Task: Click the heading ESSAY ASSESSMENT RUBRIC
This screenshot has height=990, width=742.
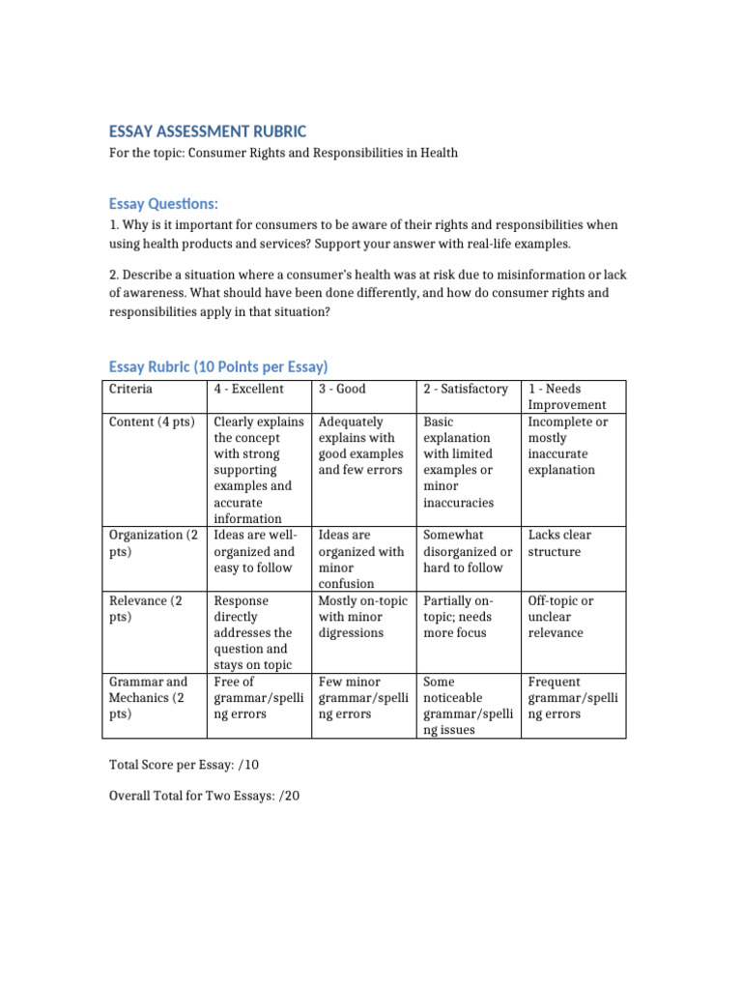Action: [207, 131]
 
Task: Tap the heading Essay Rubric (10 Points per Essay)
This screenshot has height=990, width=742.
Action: [218, 366]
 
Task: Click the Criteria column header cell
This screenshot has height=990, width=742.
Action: [130, 389]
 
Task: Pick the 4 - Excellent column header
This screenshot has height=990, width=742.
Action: [248, 389]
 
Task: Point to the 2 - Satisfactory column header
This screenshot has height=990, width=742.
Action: [466, 389]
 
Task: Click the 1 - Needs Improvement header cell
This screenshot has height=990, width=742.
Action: [567, 396]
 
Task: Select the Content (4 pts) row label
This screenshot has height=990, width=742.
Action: [151, 422]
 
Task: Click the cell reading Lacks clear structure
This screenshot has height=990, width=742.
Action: [559, 543]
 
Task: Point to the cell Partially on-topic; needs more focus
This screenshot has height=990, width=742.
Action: [461, 617]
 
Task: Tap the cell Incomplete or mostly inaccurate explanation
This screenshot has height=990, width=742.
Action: [568, 446]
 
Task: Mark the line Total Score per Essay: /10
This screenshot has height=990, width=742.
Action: [184, 765]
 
